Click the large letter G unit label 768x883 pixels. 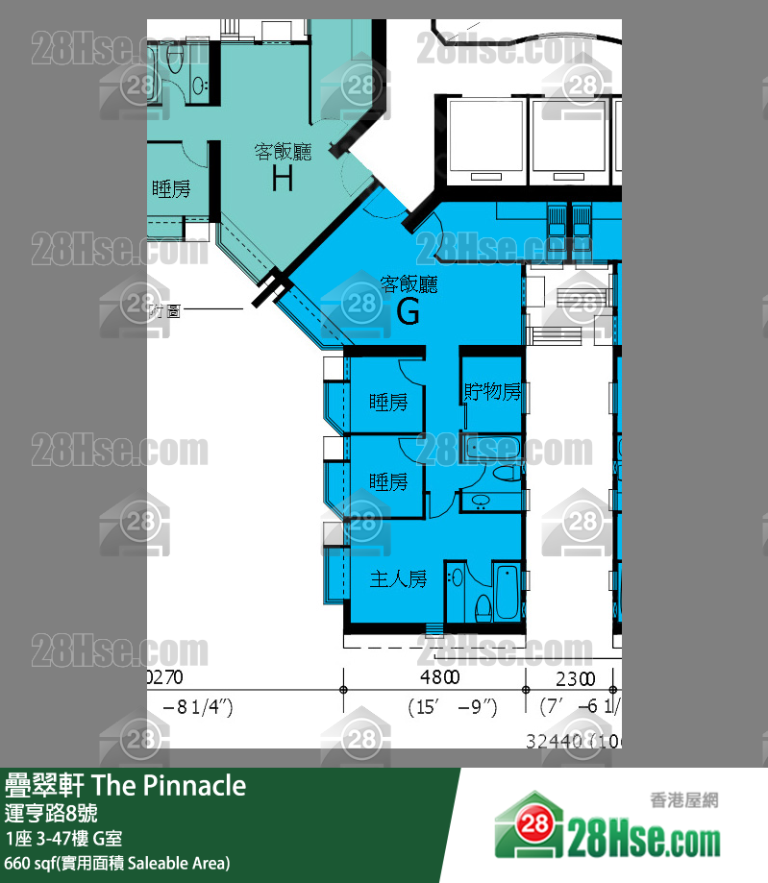click(409, 312)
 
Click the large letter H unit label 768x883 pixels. click(282, 179)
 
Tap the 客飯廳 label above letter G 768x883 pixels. click(409, 284)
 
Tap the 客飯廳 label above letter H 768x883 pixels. click(282, 151)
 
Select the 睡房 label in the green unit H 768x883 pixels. click(171, 189)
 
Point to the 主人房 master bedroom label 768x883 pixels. click(399, 579)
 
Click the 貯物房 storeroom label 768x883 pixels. click(492, 392)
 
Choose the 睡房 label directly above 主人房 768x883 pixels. click(388, 481)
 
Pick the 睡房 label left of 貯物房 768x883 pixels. click(388, 403)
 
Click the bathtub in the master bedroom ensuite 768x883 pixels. click(507, 591)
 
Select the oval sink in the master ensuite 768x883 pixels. click(458, 577)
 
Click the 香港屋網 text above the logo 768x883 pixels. click(685, 799)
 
